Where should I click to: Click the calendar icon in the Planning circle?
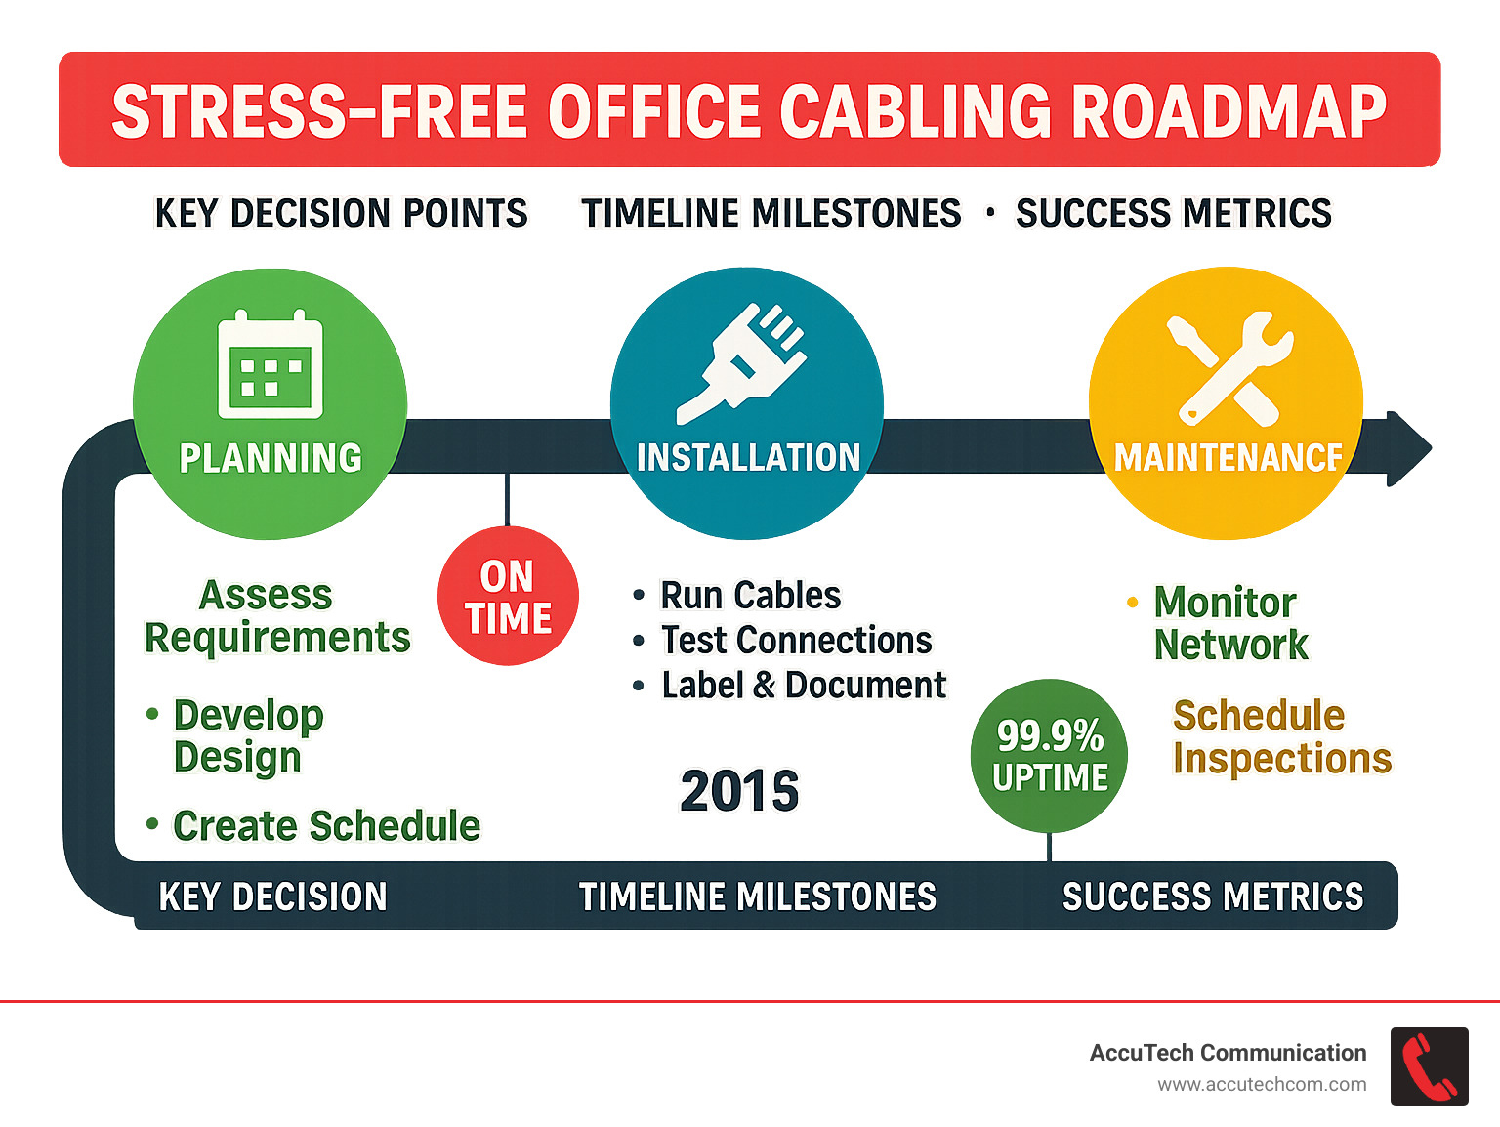pos(271,365)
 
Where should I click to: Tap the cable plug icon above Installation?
pos(744,362)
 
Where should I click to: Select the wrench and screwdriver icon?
pos(1229,368)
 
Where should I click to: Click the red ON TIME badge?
pos(508,597)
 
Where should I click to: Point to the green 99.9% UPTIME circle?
pos(1050,756)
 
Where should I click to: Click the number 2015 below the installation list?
pos(739,791)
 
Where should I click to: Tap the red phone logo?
pos(1429,1066)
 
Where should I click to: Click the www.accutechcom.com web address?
pos(1262,1085)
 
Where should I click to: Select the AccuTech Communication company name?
pos(1228,1053)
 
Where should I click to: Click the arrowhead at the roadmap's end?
pos(1407,449)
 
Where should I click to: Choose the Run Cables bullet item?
pos(750,595)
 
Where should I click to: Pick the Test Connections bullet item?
pos(796,641)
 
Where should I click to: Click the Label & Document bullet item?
pos(803,686)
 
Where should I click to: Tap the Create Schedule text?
pos(326,826)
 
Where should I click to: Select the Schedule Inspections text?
pos(1280,737)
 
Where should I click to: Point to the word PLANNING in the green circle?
pos(271,458)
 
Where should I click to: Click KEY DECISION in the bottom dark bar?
pos(272,897)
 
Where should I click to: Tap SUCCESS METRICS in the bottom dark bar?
pos(1212,897)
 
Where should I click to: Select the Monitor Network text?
pos(1229,623)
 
